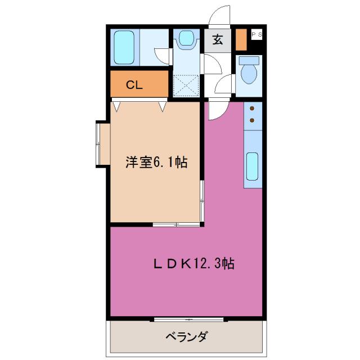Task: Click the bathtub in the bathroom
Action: [123, 47]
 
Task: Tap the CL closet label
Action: [134, 85]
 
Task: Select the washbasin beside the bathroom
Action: [185, 39]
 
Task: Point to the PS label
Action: [256, 35]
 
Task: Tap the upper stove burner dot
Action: [252, 108]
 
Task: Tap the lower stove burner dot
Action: [252, 119]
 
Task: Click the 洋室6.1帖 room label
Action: [156, 163]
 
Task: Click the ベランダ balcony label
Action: [186, 337]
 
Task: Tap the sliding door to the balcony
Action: [189, 319]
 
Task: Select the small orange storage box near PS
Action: [241, 39]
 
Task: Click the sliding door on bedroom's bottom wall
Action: [176, 224]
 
